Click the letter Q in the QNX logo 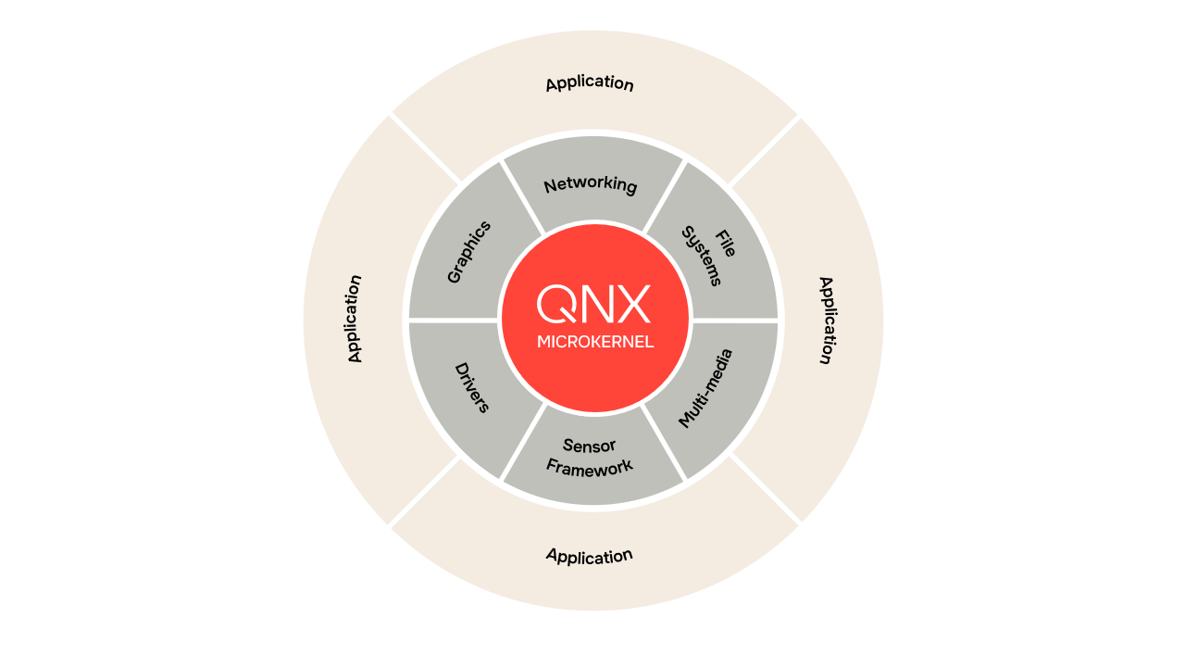[x=556, y=304]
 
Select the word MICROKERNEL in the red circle [x=595, y=342]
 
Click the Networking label [x=591, y=184]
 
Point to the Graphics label [x=468, y=252]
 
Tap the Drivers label [x=472, y=387]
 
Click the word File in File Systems [x=726, y=244]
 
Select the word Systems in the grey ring [x=702, y=257]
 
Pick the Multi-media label [x=705, y=388]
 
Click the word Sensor [x=589, y=446]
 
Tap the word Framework [x=590, y=468]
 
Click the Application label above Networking [x=590, y=83]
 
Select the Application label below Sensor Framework [x=590, y=556]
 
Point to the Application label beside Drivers [x=355, y=319]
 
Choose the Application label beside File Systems [x=827, y=321]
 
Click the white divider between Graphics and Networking [x=522, y=196]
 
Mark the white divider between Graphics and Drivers [x=453, y=321]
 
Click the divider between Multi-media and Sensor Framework [x=664, y=444]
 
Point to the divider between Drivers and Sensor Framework [x=522, y=443]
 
